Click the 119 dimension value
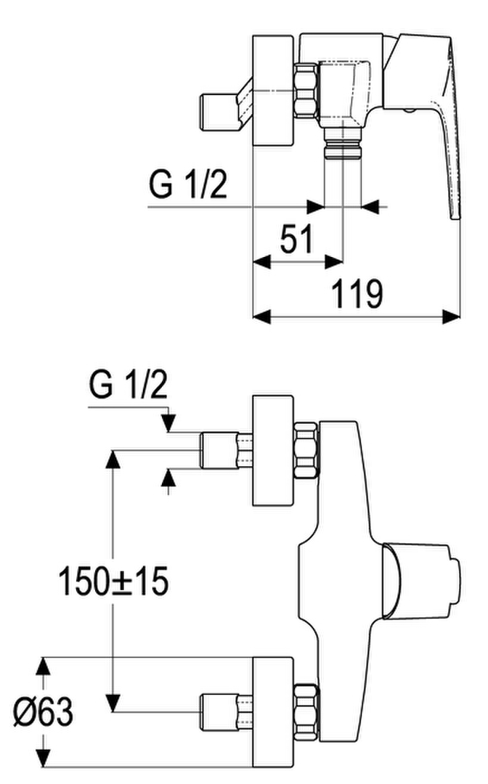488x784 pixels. click(x=357, y=295)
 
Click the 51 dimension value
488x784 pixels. click(x=296, y=239)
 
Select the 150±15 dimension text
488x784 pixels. click(x=113, y=581)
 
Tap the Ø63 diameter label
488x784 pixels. click(x=43, y=711)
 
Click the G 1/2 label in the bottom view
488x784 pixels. click(x=128, y=386)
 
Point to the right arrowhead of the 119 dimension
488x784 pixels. click(x=452, y=316)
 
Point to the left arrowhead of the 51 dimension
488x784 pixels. click(x=262, y=261)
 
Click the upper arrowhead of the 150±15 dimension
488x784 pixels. click(x=113, y=459)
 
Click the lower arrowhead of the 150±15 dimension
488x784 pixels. click(x=114, y=703)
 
